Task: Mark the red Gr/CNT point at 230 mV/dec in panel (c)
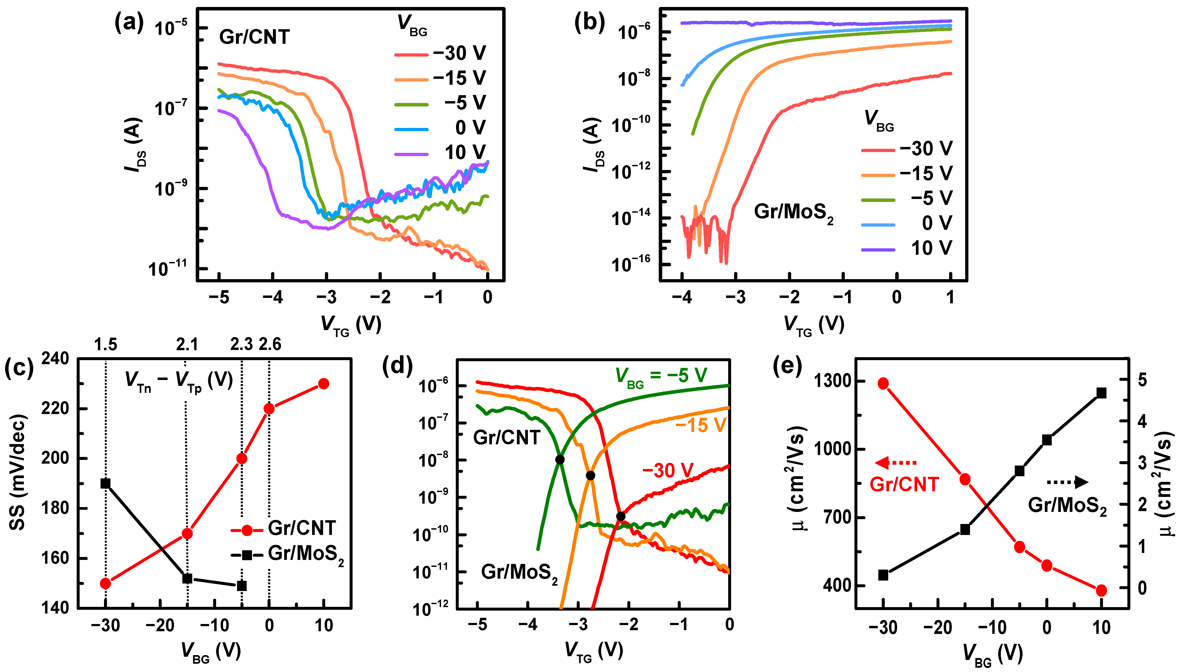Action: click(x=324, y=383)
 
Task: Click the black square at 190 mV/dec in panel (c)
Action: click(x=106, y=483)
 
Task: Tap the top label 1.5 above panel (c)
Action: click(x=106, y=344)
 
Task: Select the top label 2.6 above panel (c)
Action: click(x=270, y=344)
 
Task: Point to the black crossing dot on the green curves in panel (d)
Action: click(x=560, y=459)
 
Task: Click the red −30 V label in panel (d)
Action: click(x=668, y=471)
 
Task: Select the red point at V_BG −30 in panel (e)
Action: click(x=883, y=383)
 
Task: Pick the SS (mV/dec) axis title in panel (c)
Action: click(x=17, y=472)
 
